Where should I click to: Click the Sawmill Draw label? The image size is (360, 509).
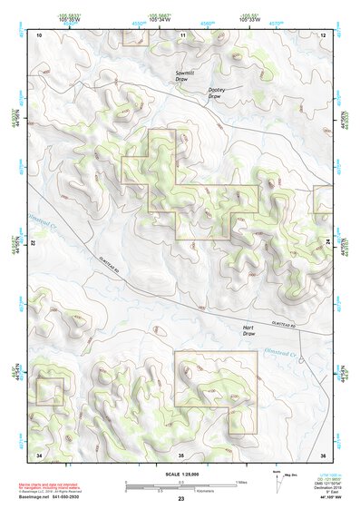(187, 75)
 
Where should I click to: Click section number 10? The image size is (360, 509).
(39, 34)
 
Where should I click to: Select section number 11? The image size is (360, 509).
(182, 34)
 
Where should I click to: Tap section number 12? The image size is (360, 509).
(323, 34)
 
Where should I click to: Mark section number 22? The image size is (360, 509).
(34, 243)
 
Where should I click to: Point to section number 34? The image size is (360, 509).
(39, 453)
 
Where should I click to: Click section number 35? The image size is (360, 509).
(181, 453)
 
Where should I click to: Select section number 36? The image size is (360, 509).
(323, 453)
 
